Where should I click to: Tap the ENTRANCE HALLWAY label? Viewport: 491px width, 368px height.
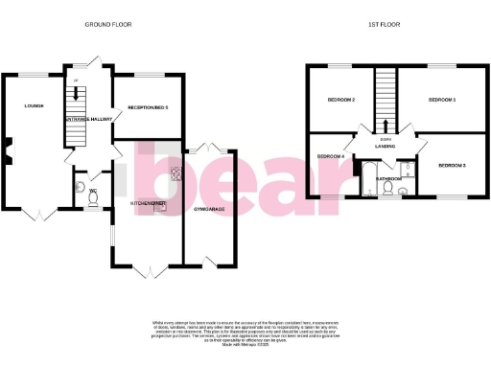[88, 119]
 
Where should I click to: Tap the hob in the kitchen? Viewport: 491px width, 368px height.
[176, 174]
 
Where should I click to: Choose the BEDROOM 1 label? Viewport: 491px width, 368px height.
[441, 100]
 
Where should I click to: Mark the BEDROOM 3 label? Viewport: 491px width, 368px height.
[452, 166]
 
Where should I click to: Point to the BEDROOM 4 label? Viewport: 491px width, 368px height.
[330, 156]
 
